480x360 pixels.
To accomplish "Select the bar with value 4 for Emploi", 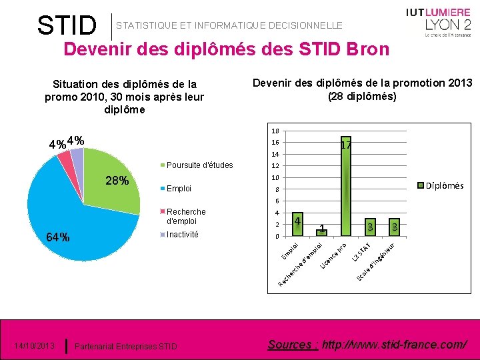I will point(297,225).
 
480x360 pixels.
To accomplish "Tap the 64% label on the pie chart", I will point(57,237).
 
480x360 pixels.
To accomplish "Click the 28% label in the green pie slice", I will point(118,181).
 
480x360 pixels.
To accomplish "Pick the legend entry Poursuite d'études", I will point(199,165).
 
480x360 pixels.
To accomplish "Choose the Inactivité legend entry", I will point(182,234).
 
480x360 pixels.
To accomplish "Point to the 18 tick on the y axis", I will point(275,131).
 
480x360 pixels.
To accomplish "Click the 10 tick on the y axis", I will point(275,178).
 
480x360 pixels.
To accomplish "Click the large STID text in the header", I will point(67,25).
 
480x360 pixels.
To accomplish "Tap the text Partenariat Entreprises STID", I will point(126,346).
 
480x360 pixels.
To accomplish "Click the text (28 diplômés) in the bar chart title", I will point(362,96).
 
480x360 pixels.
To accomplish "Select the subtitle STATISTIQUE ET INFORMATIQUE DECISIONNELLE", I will point(229,25).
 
